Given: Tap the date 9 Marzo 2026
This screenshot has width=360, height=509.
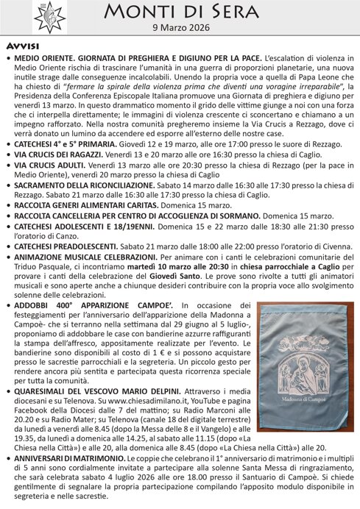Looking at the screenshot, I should tap(180, 28).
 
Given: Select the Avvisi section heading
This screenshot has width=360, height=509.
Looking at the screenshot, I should tap(22, 46).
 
